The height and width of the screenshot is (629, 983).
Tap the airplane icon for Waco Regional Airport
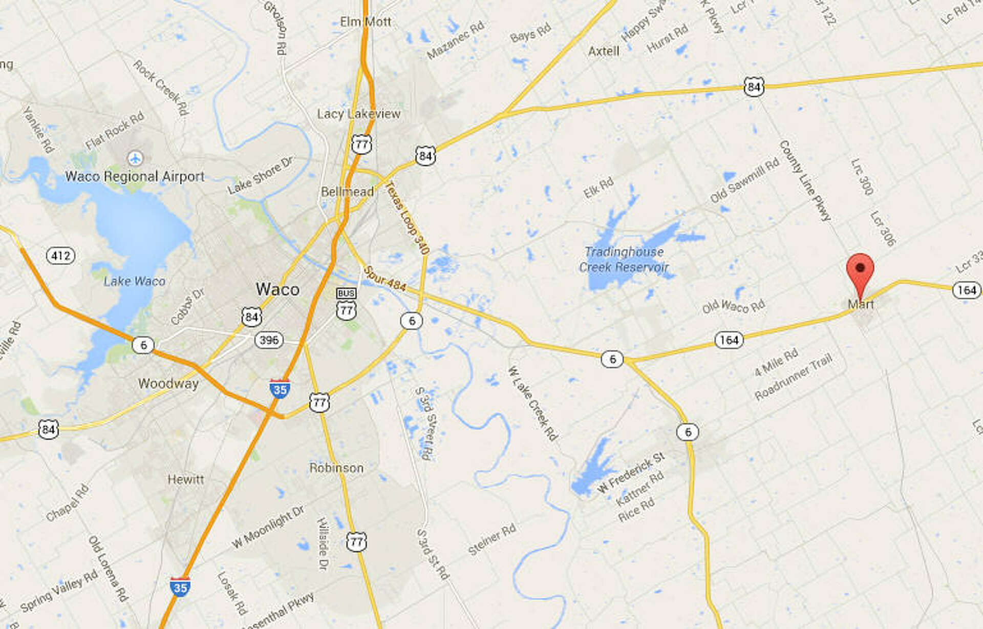coord(135,158)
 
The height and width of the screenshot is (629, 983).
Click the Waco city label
coord(277,289)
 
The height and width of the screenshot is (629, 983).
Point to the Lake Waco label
coord(135,281)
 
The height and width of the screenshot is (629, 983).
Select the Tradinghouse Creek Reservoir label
coord(624,260)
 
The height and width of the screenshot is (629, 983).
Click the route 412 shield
coord(61,255)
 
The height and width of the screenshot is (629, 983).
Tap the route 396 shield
coord(269,340)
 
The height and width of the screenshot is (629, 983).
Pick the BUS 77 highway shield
coord(347,304)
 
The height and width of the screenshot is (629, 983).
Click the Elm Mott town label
coord(366,22)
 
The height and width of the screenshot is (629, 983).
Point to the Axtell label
coord(604,51)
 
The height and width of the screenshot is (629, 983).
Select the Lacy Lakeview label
coord(358,114)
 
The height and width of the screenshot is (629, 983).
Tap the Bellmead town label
coord(347,192)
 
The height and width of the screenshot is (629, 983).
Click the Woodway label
coord(168,384)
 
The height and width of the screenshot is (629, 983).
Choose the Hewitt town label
coord(186,479)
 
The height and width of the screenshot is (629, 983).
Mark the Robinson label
coord(336,468)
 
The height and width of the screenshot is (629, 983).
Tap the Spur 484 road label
coord(385,278)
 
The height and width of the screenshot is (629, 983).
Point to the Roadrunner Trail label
coord(794,378)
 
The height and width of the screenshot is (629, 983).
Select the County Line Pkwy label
coord(804,180)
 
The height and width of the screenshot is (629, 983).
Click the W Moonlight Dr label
coord(268,527)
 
